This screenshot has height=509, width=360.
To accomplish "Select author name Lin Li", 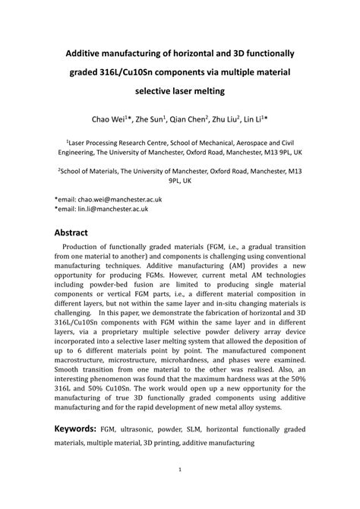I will (x=267, y=121).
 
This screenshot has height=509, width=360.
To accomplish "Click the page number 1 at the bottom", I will (x=180, y=490).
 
